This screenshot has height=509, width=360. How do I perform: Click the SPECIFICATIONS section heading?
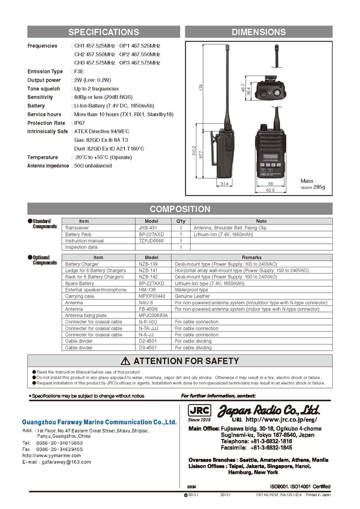103,32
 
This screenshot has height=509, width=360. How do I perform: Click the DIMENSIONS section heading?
259,32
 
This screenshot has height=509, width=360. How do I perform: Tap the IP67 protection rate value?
80,123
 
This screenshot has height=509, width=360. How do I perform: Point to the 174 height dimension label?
201,88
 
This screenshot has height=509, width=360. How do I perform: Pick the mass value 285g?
320,187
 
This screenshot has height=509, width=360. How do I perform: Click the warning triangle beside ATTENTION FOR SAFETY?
125,361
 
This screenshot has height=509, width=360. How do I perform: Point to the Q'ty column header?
181,221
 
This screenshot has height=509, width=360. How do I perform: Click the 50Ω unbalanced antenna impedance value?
93,166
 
